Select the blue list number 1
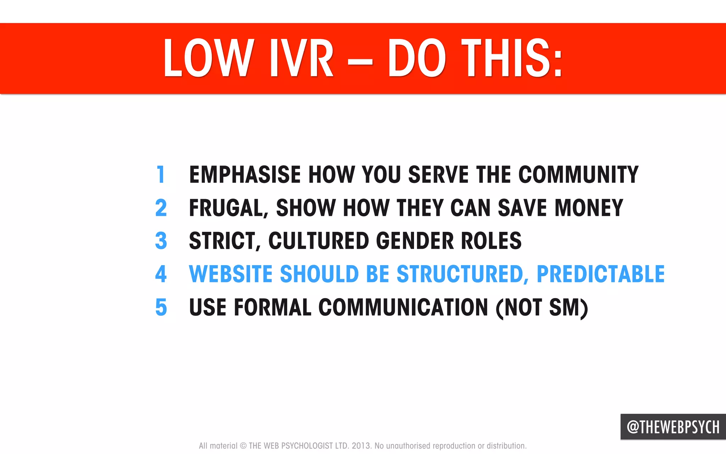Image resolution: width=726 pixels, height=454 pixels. [x=161, y=174]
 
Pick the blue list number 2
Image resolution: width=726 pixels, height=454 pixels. [x=161, y=208]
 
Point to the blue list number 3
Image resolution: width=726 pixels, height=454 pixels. [x=161, y=241]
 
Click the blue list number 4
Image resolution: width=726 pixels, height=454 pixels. [x=161, y=274]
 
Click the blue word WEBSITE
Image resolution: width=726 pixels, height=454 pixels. [x=231, y=274]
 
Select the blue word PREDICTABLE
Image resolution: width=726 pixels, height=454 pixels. [x=601, y=274]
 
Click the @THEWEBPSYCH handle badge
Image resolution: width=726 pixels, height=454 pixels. [x=673, y=427]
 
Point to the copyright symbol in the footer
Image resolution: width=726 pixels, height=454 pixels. [x=243, y=446]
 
